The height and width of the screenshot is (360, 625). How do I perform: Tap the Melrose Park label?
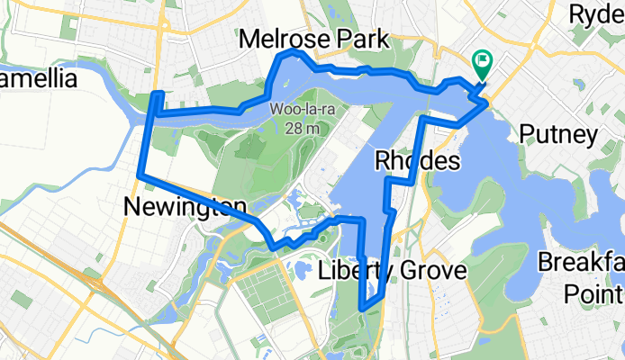pos(314,40)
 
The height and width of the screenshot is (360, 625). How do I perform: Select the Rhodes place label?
pos(417,161)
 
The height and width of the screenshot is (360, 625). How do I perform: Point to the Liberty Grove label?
pos(392,271)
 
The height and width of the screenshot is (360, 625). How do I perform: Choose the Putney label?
pos(558,135)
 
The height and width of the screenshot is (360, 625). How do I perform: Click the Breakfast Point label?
pos(581,277)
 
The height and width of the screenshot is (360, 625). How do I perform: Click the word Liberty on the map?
pos(353,271)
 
